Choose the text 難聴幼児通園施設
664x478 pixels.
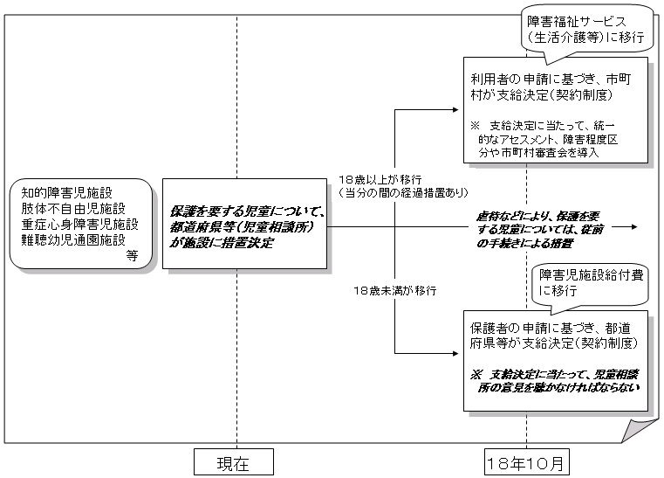pos(74,239)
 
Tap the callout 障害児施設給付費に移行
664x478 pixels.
pos(591,282)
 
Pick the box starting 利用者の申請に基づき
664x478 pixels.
pos(556,111)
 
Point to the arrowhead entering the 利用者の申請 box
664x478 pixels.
pos(455,111)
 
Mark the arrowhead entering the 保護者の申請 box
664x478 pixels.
pos(455,354)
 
